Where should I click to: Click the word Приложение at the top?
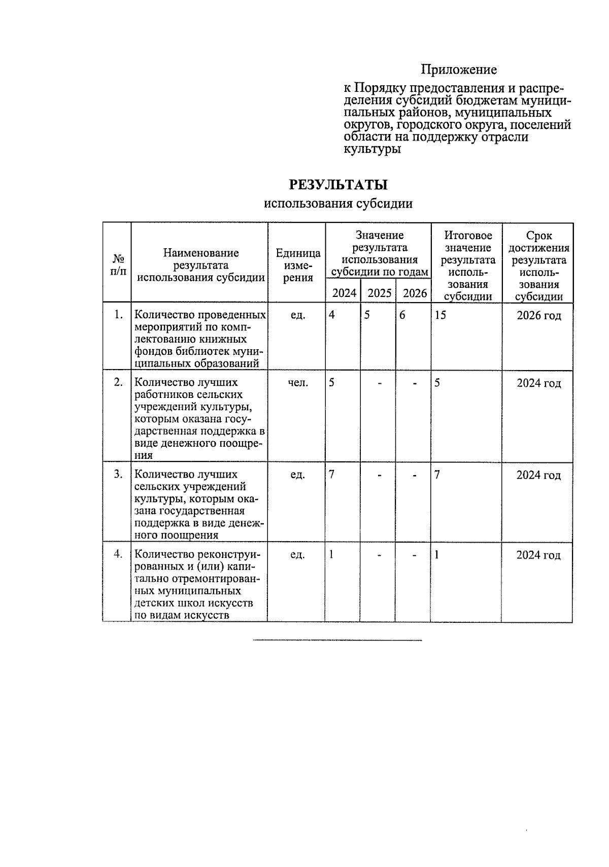pos(459,70)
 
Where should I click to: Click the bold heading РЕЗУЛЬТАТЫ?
pos(338,185)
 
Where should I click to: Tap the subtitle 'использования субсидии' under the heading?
pos(338,204)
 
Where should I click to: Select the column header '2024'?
pos(344,293)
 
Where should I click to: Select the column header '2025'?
pos(379,293)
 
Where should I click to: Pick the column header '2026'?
pos(414,293)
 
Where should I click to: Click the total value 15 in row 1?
pos(441,315)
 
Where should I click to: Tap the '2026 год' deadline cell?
pos(538,316)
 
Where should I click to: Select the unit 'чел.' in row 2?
pos(297,383)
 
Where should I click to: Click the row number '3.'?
pos(118,474)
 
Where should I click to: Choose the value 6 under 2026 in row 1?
pos(402,315)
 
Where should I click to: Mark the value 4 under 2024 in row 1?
pos(332,315)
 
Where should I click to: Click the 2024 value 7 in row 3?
pos(332,475)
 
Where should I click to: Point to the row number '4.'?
pos(118,554)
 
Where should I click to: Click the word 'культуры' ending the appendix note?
pos(373,150)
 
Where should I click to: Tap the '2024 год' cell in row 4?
pos(538,555)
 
